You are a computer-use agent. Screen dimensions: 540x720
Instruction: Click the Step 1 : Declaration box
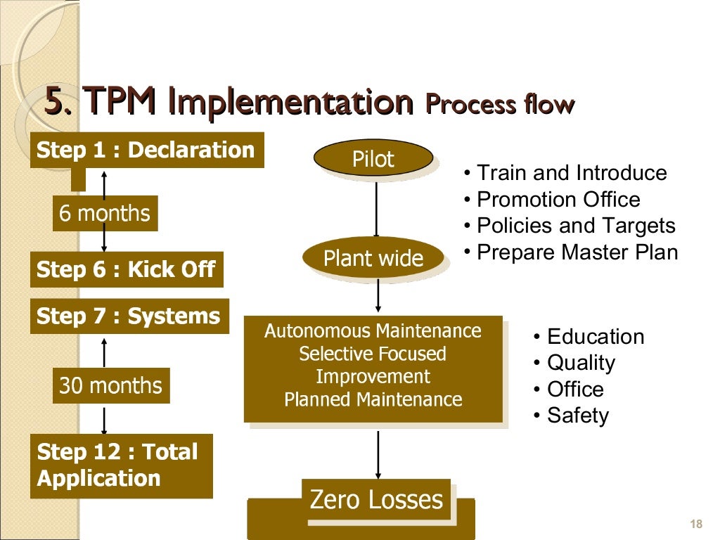tap(146, 150)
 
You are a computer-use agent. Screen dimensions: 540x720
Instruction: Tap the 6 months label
tap(105, 213)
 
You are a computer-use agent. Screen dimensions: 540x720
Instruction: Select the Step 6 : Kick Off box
tap(127, 269)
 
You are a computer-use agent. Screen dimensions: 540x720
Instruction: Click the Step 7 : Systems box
tap(129, 316)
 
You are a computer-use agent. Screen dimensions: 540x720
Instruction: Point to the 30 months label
tap(110, 385)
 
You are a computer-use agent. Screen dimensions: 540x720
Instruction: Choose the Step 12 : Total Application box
tap(121, 465)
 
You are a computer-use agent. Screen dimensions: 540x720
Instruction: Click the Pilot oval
tap(373, 159)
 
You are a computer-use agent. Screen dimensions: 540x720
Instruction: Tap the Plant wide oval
tap(373, 258)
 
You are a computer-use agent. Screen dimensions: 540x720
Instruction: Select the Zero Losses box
tap(376, 500)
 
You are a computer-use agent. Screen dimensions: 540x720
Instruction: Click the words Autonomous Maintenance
tap(373, 330)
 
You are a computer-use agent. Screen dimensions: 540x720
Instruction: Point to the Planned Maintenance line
tap(373, 399)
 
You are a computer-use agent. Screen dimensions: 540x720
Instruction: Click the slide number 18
tap(697, 524)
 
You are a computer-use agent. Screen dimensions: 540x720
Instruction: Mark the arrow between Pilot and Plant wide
tap(376, 208)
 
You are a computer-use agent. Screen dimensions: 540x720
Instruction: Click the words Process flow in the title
tap(500, 105)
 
